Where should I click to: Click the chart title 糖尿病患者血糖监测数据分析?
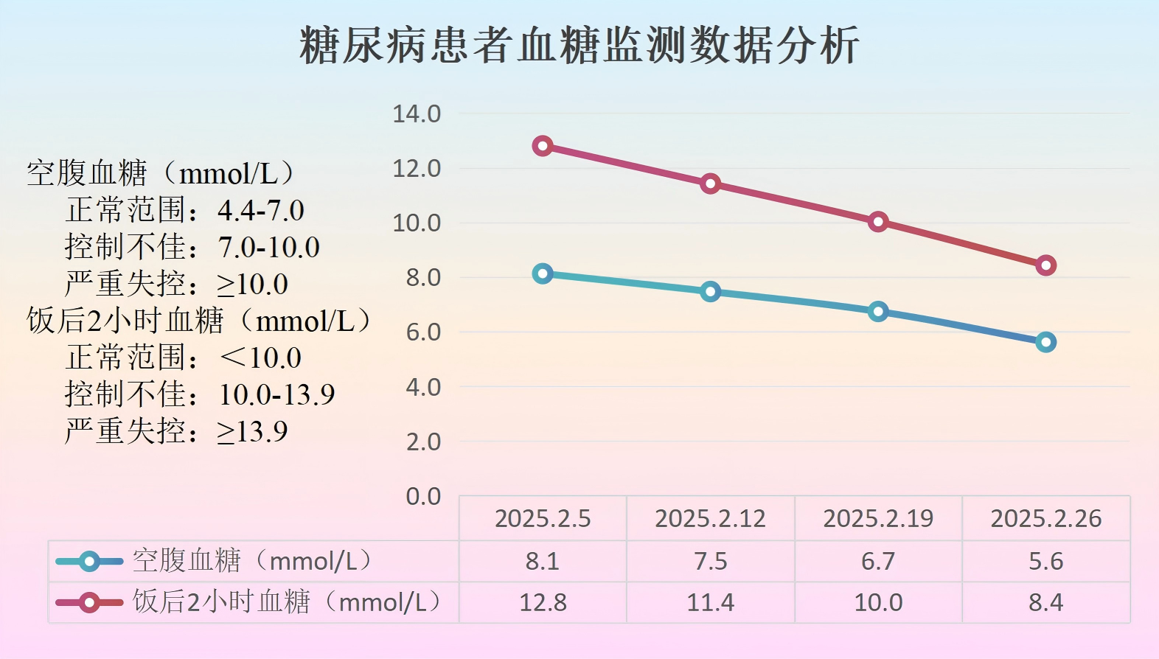[x=579, y=45]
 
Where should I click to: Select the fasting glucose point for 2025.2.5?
[x=543, y=274]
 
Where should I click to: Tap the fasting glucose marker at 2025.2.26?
[x=1045, y=342]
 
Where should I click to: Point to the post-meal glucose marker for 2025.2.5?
[x=543, y=146]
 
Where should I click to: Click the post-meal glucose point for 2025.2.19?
[x=878, y=222]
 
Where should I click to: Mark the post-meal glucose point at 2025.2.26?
[x=1045, y=265]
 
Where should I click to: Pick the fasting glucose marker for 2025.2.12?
[x=711, y=292]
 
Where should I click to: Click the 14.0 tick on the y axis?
[x=417, y=114]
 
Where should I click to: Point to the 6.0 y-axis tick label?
[x=423, y=332]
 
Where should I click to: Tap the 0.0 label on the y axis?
[x=423, y=497]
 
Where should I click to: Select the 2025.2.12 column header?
[x=711, y=519]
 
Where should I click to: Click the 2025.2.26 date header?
[x=1045, y=519]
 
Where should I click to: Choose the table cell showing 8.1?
[x=543, y=562]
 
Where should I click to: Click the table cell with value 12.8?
[x=543, y=603]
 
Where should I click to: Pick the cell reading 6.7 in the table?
[x=878, y=562]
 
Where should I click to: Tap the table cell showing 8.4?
[x=1045, y=603]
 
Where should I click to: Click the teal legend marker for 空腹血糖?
[x=89, y=562]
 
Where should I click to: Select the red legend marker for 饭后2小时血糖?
[x=89, y=603]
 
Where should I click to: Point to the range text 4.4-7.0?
[x=261, y=211]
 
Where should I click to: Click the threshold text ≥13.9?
[x=252, y=432]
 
